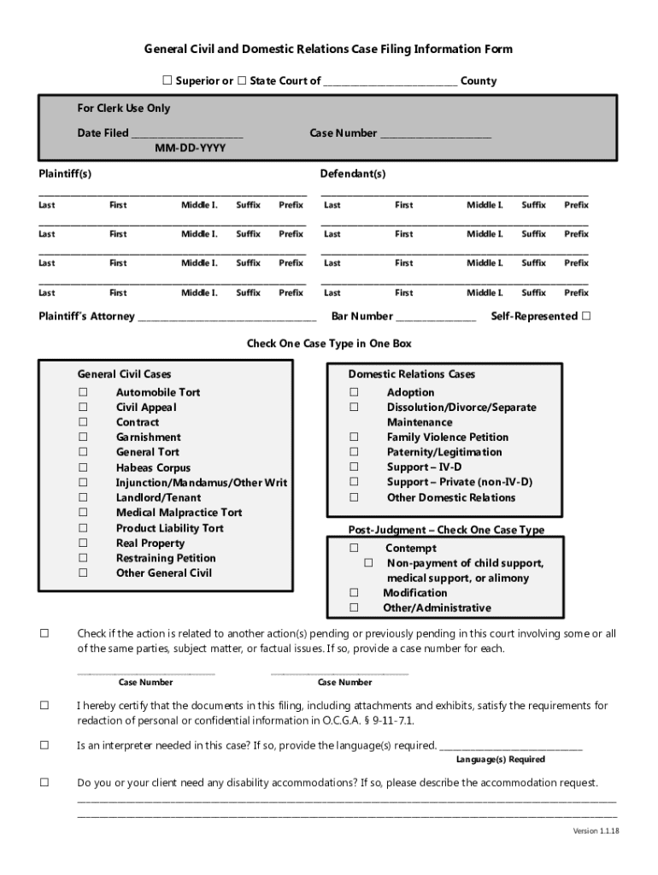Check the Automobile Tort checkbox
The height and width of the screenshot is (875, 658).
tap(83, 392)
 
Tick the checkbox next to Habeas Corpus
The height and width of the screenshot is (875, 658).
tap(83, 467)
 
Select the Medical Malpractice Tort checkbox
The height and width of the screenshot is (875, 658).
tap(83, 513)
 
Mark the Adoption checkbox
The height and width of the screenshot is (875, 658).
tap(353, 392)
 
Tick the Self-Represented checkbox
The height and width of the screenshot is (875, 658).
tap(585, 316)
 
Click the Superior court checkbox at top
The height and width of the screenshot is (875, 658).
tap(167, 81)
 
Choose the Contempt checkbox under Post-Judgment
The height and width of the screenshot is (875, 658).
tap(353, 548)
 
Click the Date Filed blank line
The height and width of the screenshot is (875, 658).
tap(187, 134)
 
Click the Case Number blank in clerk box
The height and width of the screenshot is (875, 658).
tap(435, 134)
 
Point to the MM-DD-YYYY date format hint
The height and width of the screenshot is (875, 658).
tap(191, 149)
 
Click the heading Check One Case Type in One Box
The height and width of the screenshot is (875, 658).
tap(329, 344)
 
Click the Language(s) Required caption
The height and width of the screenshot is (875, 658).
tap(500, 760)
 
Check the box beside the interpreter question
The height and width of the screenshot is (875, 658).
tap(44, 745)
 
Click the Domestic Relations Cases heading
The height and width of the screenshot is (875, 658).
tap(411, 374)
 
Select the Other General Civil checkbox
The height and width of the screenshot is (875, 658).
tap(83, 573)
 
